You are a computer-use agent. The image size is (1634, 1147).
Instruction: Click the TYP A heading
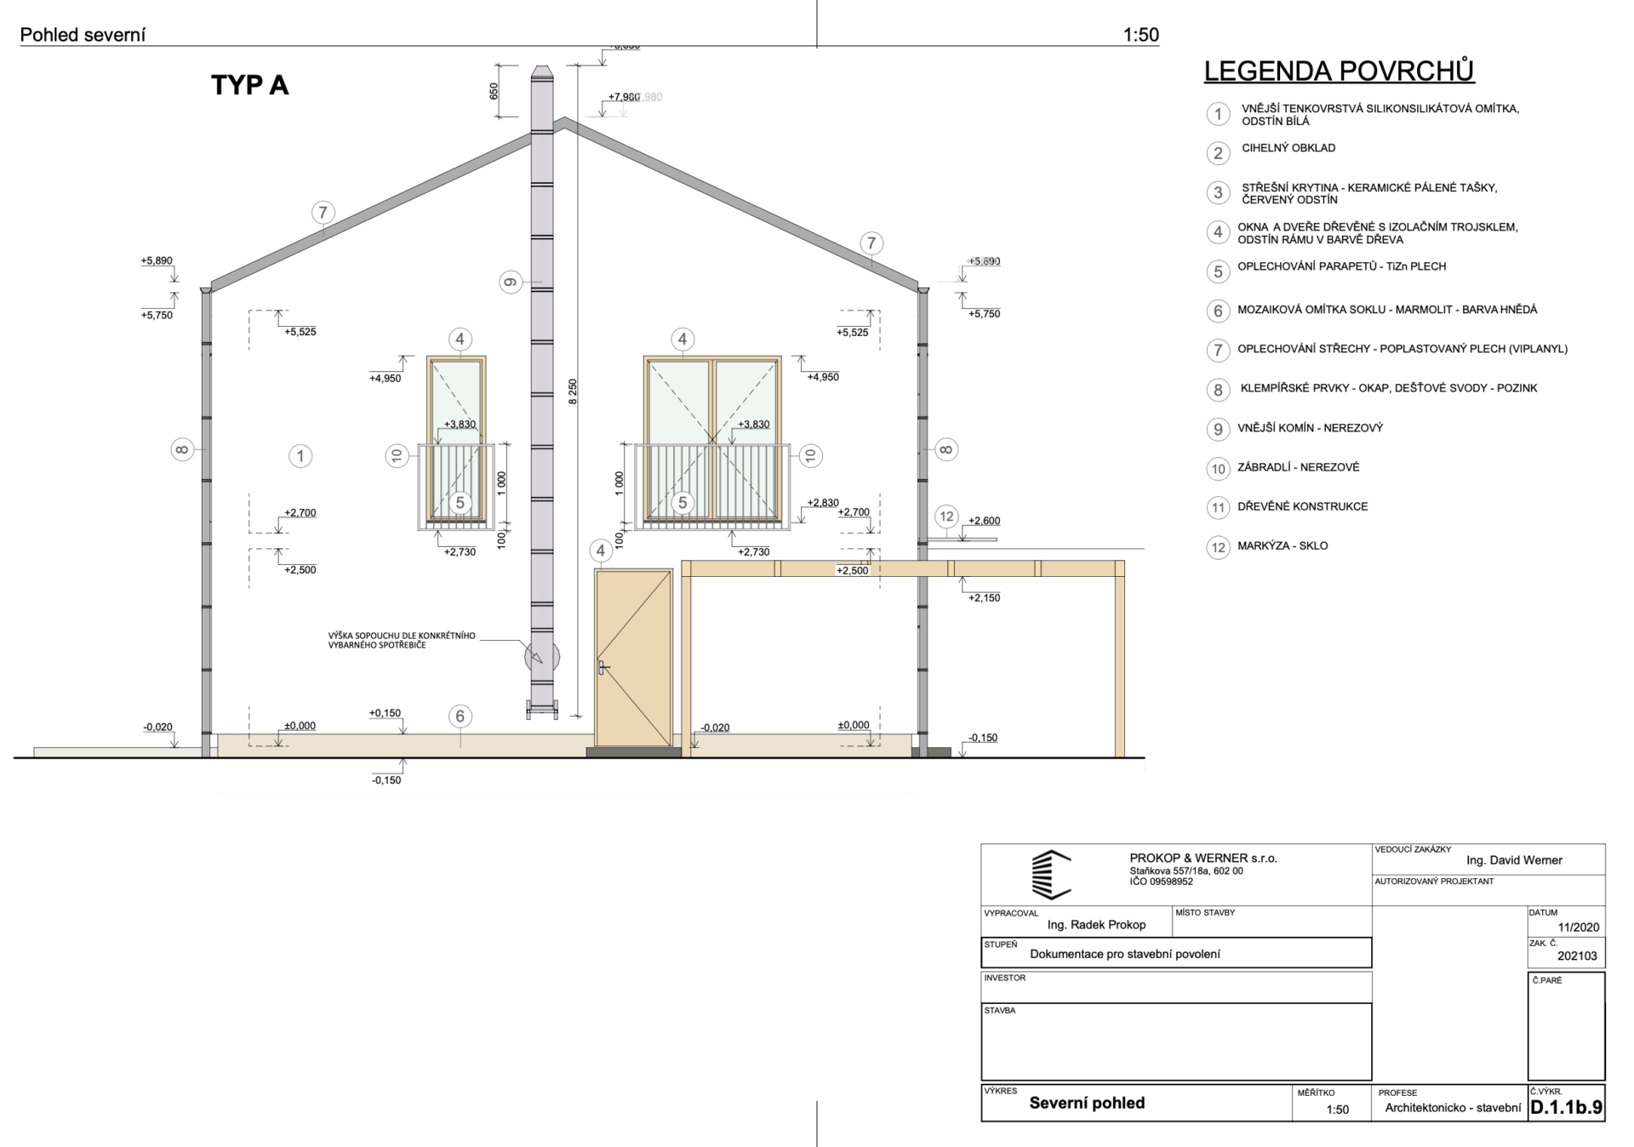(x=249, y=85)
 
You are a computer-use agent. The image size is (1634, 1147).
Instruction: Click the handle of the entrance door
(x=603, y=668)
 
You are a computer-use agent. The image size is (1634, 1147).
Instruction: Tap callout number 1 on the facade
(x=300, y=456)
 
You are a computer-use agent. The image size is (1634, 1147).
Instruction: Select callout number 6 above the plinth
(x=460, y=716)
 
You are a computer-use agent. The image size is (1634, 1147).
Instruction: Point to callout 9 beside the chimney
(x=511, y=282)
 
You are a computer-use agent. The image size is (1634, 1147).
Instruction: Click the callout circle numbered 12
(x=946, y=516)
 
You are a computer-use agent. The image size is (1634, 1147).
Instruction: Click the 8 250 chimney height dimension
(x=573, y=391)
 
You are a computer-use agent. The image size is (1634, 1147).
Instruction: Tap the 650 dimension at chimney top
(x=494, y=91)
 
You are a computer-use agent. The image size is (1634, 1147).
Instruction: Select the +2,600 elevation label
(x=985, y=521)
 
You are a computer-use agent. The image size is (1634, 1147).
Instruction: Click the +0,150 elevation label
(x=385, y=713)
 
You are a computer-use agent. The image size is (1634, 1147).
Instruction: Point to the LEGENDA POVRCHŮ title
(x=1339, y=71)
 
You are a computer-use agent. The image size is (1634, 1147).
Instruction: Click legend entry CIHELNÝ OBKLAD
(x=1288, y=148)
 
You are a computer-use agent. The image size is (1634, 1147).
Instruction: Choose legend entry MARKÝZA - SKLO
(x=1283, y=545)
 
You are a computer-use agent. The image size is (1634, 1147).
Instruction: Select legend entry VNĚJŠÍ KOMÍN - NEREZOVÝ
(x=1311, y=428)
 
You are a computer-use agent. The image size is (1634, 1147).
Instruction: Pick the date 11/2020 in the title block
(x=1579, y=927)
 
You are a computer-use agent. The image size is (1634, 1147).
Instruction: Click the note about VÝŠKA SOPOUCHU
(x=402, y=640)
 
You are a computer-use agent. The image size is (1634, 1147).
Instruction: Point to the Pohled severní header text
(x=83, y=35)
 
